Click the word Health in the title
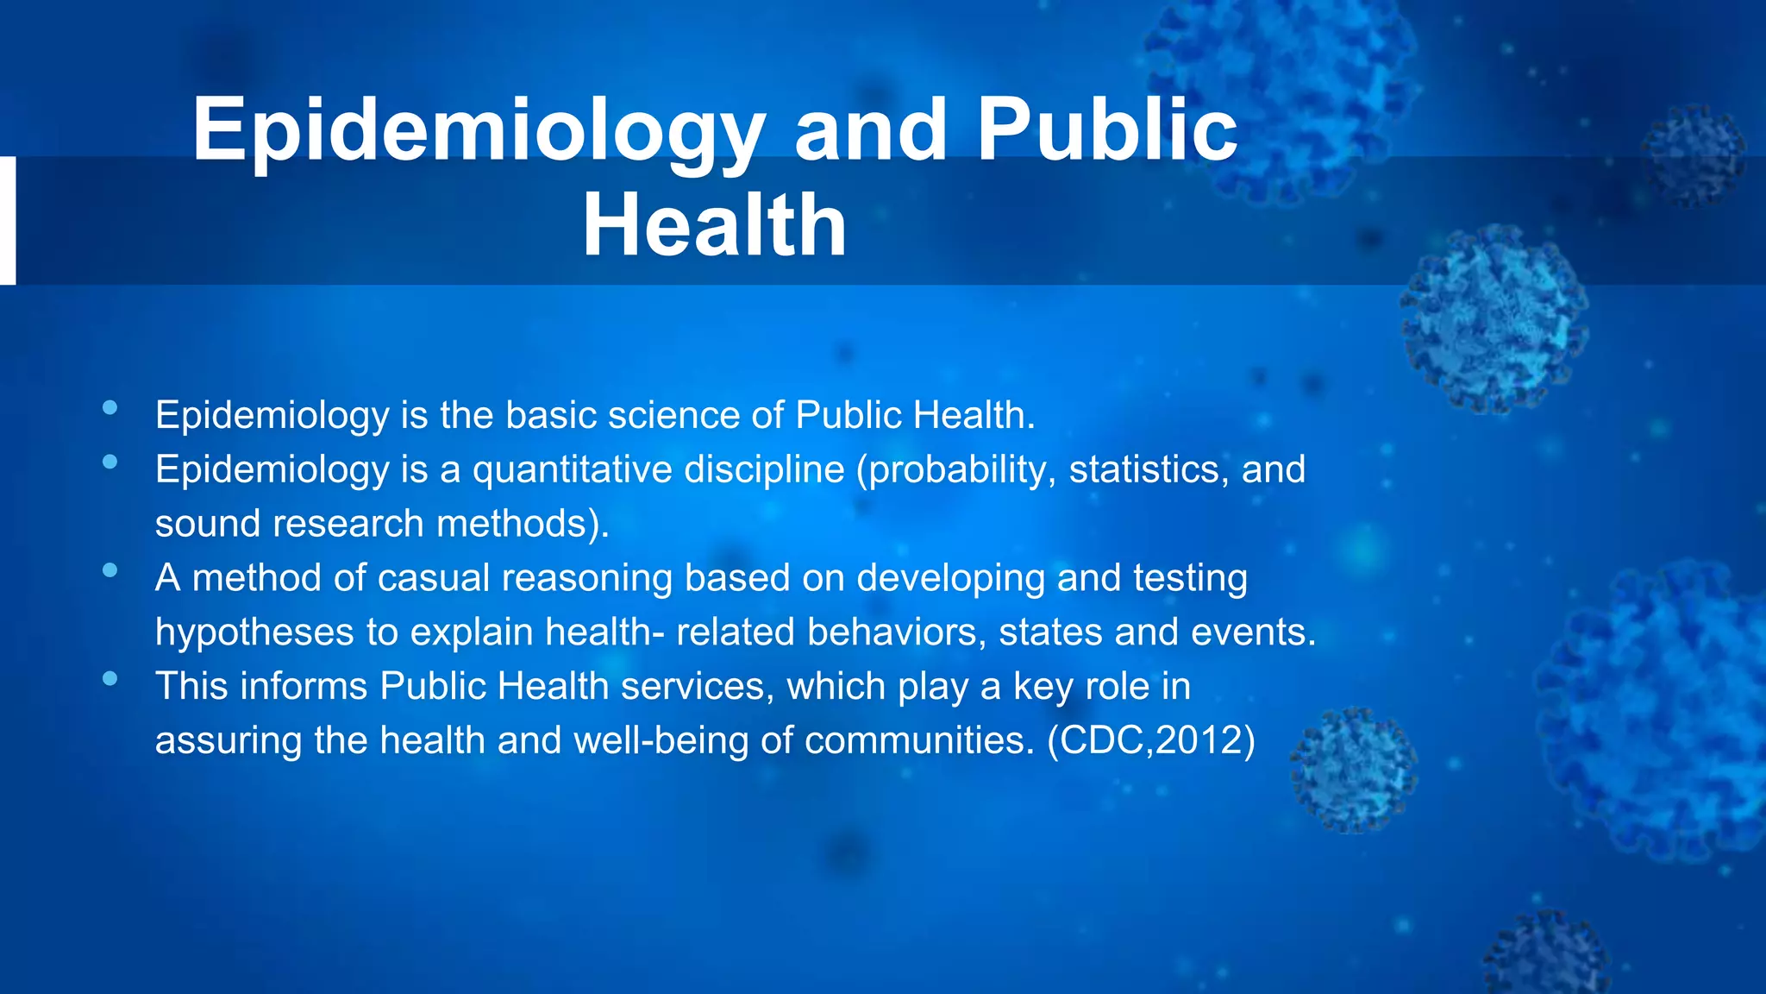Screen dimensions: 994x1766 (x=714, y=225)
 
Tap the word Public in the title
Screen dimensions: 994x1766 (x=1107, y=129)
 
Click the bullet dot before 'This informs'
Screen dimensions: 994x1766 (x=110, y=679)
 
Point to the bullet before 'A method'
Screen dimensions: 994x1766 (x=110, y=570)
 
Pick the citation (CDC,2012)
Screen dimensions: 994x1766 (x=1150, y=740)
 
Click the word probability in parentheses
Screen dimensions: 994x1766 (x=956, y=470)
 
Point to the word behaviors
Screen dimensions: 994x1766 (x=897, y=632)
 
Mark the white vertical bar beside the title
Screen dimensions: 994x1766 (x=7, y=220)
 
